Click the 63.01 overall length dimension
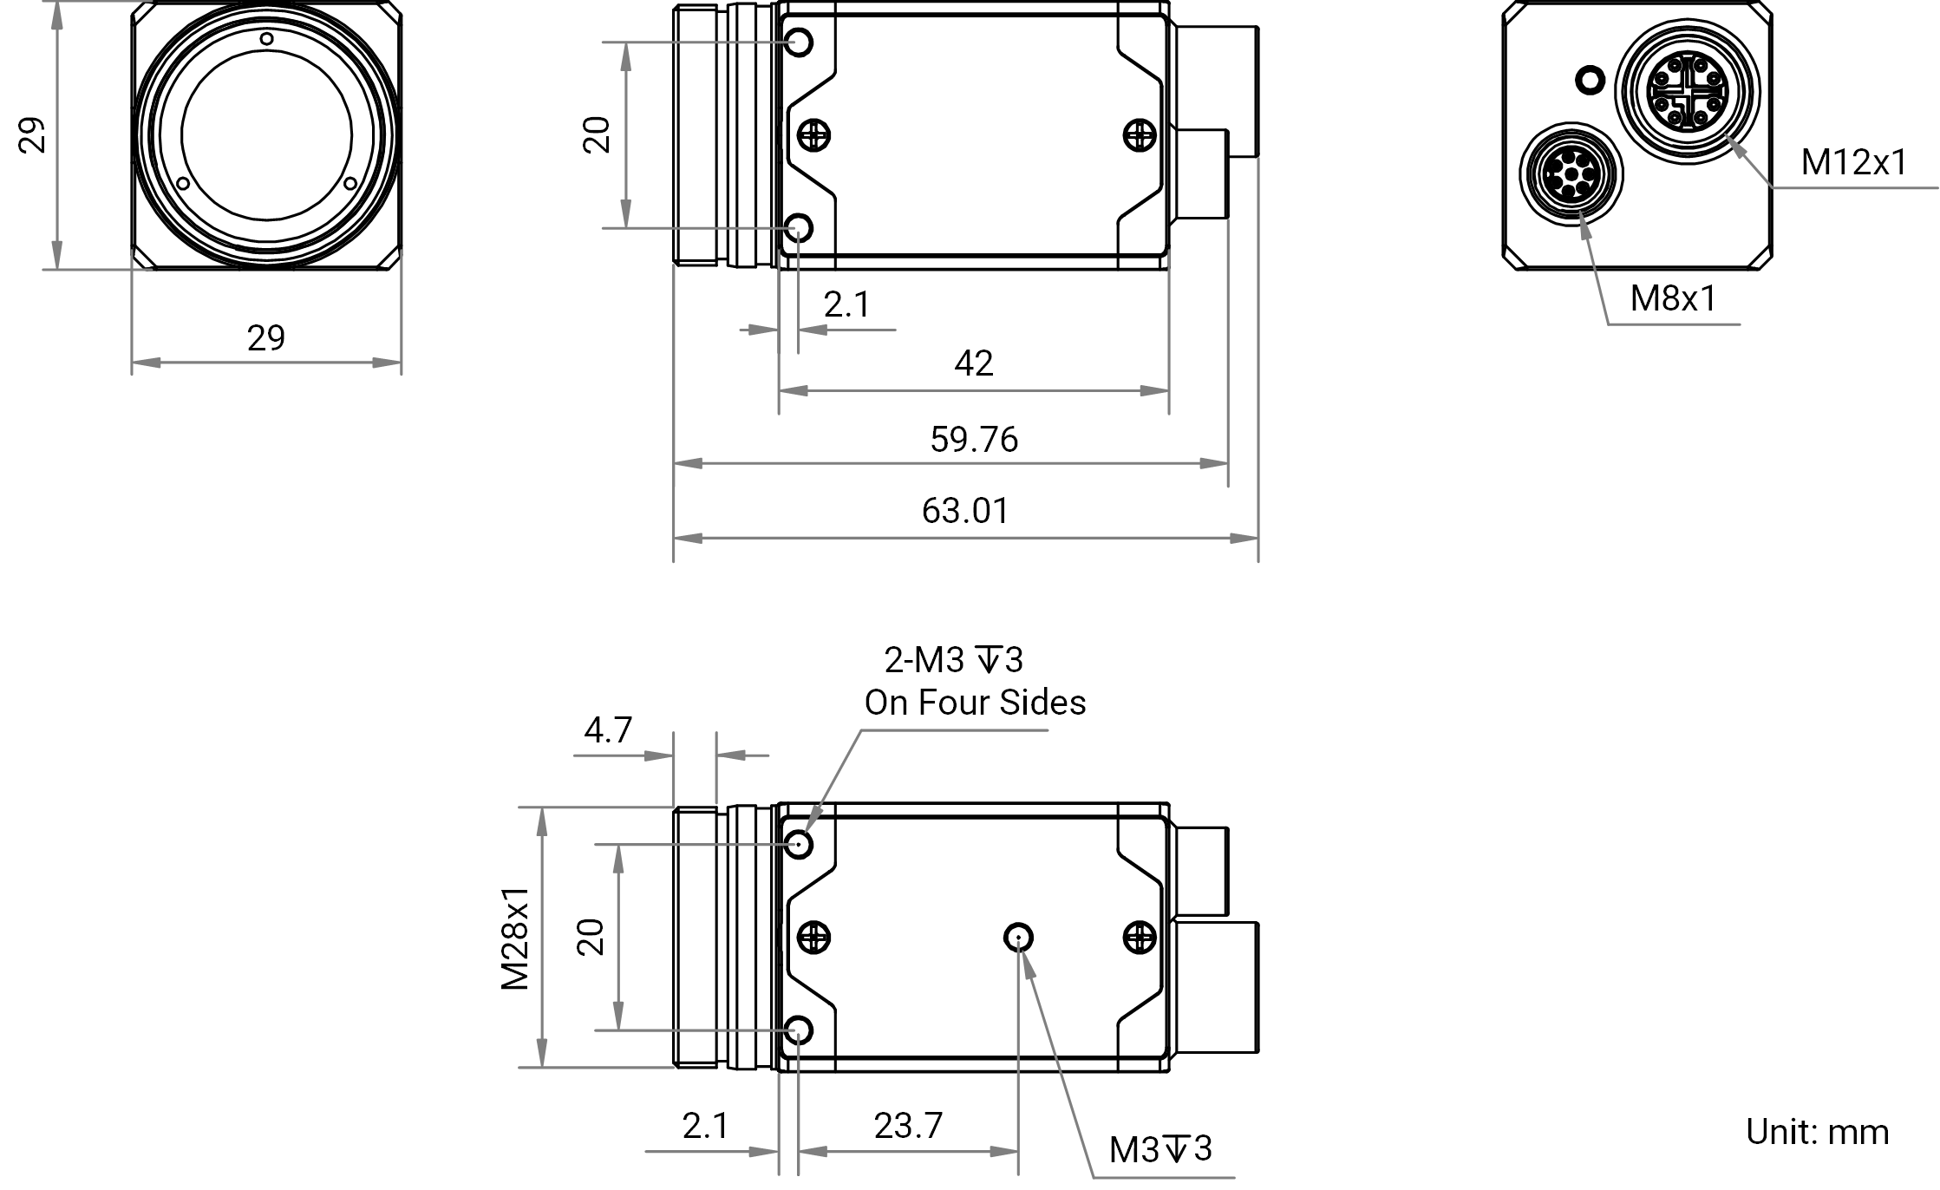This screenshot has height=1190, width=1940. coord(965,511)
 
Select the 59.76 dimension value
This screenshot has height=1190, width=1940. coord(974,440)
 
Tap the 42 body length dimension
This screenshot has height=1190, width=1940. coord(973,363)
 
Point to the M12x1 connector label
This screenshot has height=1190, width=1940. coord(1854,162)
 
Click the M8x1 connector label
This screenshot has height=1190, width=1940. coord(1673,298)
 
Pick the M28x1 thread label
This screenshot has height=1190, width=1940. coord(515,938)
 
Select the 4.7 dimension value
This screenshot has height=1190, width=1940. coord(608,730)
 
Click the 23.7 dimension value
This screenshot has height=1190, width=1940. coord(908,1126)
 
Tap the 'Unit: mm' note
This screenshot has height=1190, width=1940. coord(1817,1132)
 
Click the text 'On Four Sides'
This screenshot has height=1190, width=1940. coord(975,703)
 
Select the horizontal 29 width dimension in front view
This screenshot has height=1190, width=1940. coord(265,338)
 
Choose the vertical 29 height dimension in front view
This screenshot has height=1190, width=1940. coord(33,135)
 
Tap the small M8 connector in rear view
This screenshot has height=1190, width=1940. coord(1571,174)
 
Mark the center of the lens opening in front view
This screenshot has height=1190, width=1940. coord(267,135)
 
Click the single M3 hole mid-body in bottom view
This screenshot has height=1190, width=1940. coord(1018,938)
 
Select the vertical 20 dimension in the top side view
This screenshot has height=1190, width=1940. coord(598,135)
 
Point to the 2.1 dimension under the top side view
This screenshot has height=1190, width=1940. coord(846,304)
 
